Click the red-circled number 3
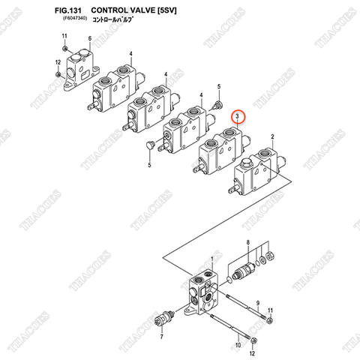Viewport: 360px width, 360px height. pyautogui.click(x=237, y=116)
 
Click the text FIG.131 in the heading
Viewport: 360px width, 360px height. pyautogui.click(x=68, y=10)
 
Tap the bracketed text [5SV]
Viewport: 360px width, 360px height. pyautogui.click(x=166, y=10)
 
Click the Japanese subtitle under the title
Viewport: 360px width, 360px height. pyautogui.click(x=112, y=19)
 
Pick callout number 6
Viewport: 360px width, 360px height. pyautogui.click(x=90, y=39)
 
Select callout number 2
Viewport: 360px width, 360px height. pyautogui.click(x=272, y=136)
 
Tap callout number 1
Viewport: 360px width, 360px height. pyautogui.click(x=212, y=259)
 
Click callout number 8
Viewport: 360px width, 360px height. pyautogui.click(x=248, y=242)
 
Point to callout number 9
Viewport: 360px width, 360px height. pyautogui.click(x=258, y=303)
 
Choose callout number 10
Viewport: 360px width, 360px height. pyautogui.click(x=238, y=345)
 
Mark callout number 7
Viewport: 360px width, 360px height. pyautogui.click(x=162, y=337)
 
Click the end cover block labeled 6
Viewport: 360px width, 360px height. pyautogui.click(x=81, y=69)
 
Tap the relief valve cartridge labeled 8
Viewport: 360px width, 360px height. pyautogui.click(x=244, y=271)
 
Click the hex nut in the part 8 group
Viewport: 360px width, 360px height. pyautogui.click(x=271, y=256)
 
